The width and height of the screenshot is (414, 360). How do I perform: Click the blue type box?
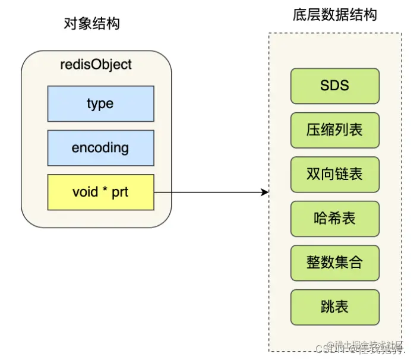100,104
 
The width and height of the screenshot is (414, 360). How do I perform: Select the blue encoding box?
100,148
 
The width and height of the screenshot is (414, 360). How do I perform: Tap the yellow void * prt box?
100,192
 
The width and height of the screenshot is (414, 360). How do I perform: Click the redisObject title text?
96,64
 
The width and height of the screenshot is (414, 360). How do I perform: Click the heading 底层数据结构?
334,15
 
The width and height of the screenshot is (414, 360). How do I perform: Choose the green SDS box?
334,86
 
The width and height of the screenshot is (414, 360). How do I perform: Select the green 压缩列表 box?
334,130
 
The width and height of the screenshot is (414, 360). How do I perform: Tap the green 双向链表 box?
334,175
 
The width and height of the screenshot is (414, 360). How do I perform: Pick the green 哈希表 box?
334,219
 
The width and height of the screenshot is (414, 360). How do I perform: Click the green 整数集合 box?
334,263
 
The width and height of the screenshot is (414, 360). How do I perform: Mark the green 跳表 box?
334,307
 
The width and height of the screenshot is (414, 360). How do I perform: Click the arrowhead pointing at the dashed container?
265,192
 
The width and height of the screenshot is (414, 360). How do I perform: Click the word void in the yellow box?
84,192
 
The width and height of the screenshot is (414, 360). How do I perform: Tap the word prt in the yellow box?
120,192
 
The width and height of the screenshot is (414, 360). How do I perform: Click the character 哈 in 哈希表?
321,219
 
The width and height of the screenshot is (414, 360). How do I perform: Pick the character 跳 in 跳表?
327,307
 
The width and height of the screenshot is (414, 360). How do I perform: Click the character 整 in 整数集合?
314,263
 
